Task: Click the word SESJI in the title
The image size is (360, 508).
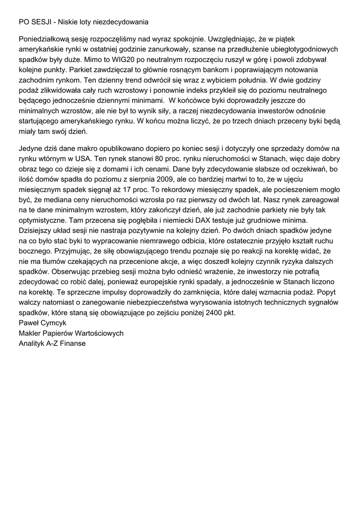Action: coord(41,22)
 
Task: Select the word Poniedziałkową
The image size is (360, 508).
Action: coord(44,39)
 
